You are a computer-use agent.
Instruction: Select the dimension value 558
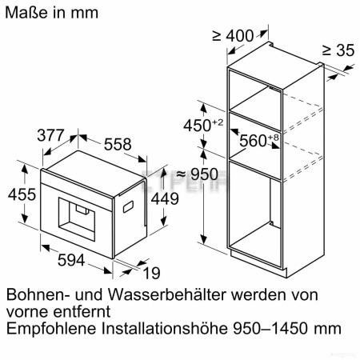(x=117, y=145)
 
